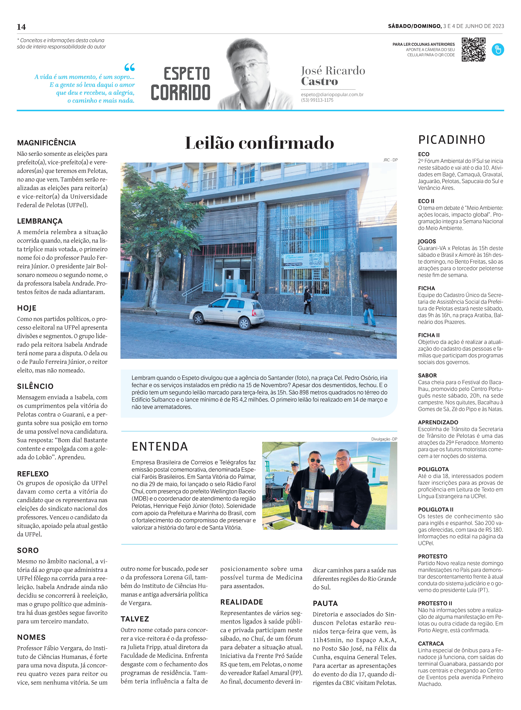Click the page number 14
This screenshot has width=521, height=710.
tap(21, 27)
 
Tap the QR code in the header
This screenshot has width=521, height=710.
tap(473, 50)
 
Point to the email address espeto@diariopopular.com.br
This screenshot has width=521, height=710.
tap(332, 94)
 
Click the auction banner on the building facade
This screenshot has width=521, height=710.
tap(303, 261)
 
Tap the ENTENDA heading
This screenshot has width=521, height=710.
tap(160, 447)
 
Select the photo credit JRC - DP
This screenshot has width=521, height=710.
tap(390, 160)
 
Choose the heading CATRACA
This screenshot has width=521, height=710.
tap(431, 643)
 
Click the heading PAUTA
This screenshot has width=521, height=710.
tap(325, 603)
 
